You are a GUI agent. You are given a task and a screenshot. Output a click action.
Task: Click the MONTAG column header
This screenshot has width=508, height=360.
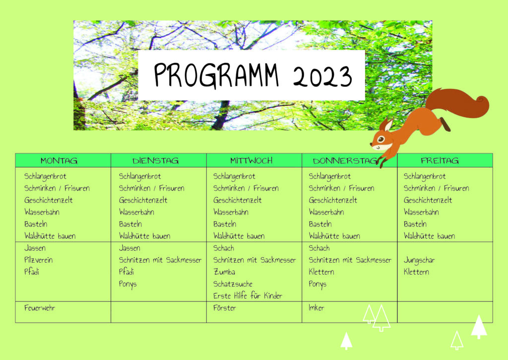pyautogui.click(x=59, y=160)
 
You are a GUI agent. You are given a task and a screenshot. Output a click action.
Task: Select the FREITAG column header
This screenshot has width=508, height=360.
pyautogui.click(x=440, y=160)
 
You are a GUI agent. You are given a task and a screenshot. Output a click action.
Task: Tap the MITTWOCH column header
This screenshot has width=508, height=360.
pyautogui.click(x=252, y=160)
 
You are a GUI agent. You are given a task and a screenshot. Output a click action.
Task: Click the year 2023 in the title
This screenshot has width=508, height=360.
pyautogui.click(x=322, y=76)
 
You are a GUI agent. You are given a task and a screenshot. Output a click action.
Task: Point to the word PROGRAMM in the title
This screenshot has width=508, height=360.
pyautogui.click(x=216, y=75)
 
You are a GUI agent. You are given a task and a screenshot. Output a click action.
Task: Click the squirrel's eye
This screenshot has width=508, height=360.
pyautogui.click(x=381, y=140)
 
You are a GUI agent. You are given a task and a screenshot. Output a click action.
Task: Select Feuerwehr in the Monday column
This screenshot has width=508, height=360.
pyautogui.click(x=40, y=308)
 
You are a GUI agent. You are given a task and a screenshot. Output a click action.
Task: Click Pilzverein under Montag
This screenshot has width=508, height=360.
pyautogui.click(x=38, y=260)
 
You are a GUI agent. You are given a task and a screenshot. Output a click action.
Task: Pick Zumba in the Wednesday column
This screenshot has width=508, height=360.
pyautogui.click(x=224, y=272)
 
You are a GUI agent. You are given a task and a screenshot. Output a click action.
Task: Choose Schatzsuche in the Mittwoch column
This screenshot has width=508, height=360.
pyautogui.click(x=233, y=284)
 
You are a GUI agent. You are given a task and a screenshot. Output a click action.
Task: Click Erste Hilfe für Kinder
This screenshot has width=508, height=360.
pyautogui.click(x=248, y=296)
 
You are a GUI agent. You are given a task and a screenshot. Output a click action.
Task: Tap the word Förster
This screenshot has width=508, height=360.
pyautogui.click(x=225, y=308)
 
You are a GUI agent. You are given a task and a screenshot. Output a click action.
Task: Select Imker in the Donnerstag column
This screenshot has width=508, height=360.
pyautogui.click(x=316, y=308)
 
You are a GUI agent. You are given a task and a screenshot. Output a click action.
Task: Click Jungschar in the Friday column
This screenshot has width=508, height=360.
pyautogui.click(x=419, y=260)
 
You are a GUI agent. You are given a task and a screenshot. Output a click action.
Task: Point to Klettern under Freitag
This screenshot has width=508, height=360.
pyautogui.click(x=416, y=272)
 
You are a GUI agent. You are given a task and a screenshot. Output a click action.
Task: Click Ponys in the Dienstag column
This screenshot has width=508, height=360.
pyautogui.click(x=127, y=285)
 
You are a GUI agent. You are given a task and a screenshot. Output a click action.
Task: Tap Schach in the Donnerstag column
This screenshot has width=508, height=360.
pyautogui.click(x=319, y=248)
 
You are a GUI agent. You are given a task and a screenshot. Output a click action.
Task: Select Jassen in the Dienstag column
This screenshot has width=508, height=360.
pyautogui.click(x=129, y=248)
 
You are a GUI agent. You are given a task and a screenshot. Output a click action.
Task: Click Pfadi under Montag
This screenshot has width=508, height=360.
pyautogui.click(x=32, y=272)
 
